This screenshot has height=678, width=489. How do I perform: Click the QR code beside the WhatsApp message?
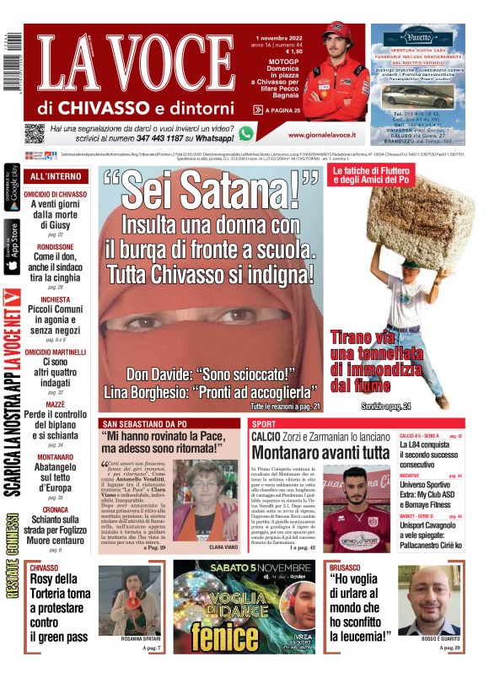(x=35, y=133)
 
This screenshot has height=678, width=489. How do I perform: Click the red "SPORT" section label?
(x=264, y=422)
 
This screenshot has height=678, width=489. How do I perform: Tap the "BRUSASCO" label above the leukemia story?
(x=346, y=568)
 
